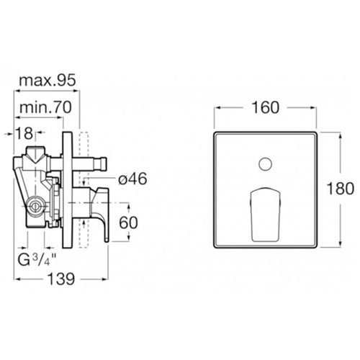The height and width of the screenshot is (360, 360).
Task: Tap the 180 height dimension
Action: (344, 189)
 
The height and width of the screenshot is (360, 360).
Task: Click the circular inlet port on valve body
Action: (33, 208)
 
